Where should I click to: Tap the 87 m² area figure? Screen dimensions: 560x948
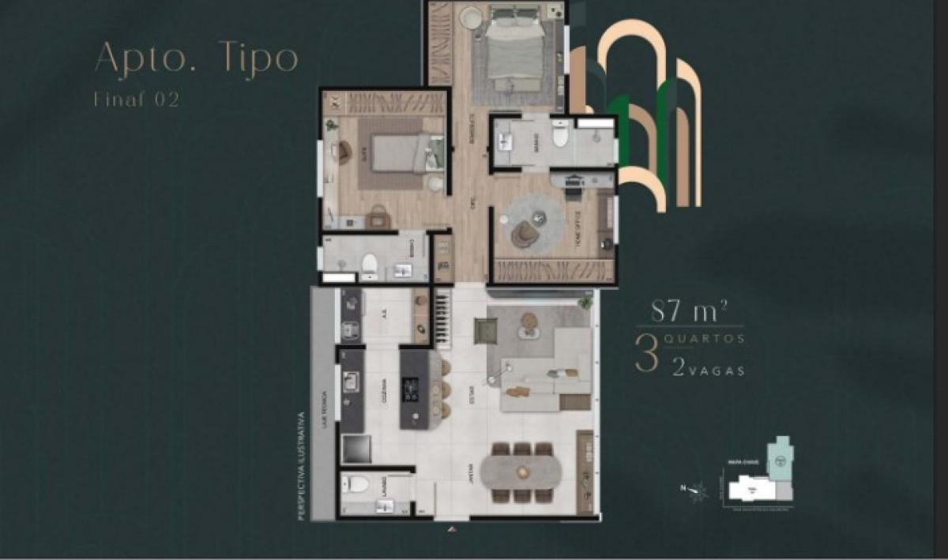[684, 310]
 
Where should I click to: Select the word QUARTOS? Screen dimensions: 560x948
[707, 339]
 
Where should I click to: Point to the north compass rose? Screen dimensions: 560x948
[697, 492]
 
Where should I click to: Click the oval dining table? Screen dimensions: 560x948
[521, 472]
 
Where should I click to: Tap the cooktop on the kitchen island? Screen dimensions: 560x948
[412, 389]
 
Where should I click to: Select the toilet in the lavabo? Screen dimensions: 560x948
[357, 483]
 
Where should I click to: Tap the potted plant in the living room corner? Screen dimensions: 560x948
[585, 303]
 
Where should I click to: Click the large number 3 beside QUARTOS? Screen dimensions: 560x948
[646, 356]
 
